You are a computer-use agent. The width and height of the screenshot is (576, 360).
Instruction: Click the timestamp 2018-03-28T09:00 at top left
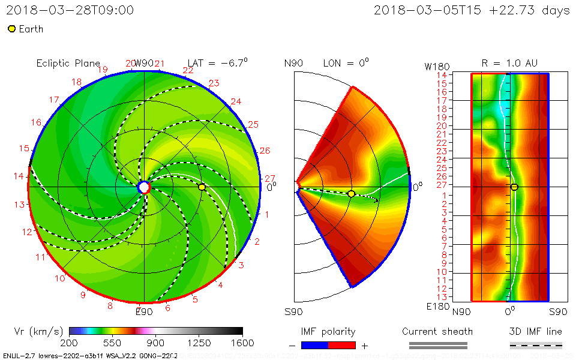point(70,10)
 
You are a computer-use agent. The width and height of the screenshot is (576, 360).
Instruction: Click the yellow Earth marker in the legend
point(11,29)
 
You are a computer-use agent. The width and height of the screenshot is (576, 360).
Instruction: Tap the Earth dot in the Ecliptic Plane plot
point(202,187)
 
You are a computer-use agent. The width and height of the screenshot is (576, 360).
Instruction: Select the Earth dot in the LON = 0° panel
point(351,193)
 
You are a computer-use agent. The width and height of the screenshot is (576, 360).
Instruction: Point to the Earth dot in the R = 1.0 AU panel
point(514,187)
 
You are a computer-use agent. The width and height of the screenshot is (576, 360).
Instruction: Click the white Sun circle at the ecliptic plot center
point(144,187)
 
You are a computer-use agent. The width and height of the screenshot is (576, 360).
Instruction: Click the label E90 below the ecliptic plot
point(144,311)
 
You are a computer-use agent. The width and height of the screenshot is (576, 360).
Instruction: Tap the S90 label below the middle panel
point(294,312)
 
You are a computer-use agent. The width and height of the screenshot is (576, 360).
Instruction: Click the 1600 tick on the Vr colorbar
point(242,343)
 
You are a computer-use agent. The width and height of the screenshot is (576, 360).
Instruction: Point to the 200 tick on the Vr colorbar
point(70,343)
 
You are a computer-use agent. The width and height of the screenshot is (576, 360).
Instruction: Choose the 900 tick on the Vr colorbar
point(156,343)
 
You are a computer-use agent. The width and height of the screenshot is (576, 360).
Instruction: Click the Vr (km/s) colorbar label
point(38,331)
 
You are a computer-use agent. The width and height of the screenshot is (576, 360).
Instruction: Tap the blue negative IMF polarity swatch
point(314,345)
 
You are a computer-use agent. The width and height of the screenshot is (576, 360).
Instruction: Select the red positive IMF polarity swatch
point(342,345)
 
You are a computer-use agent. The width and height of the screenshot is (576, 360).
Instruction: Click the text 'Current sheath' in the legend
point(437,331)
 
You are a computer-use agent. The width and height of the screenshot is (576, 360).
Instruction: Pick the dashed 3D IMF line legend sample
point(536,345)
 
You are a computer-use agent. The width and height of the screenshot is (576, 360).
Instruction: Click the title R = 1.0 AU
point(509,63)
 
